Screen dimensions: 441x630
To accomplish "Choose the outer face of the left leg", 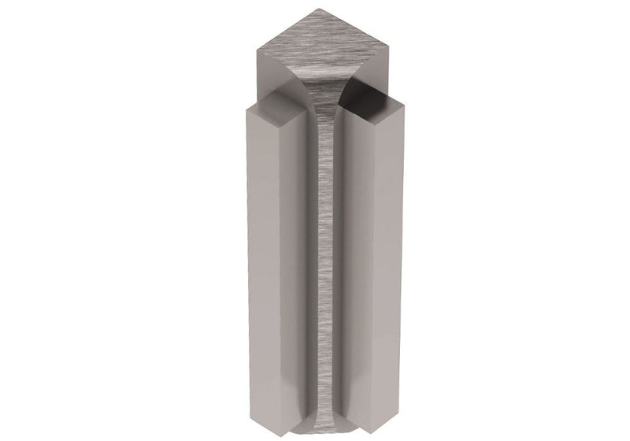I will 260,252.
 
